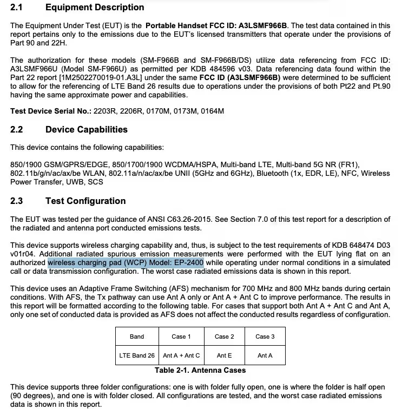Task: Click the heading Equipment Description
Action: (x=95, y=8)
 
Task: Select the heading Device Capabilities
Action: (x=87, y=130)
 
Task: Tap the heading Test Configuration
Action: (x=85, y=201)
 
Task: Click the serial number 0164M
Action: (x=213, y=111)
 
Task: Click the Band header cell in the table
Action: (x=137, y=337)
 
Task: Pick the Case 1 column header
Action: (x=181, y=337)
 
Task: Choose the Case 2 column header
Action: (x=225, y=337)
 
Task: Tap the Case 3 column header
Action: (x=265, y=337)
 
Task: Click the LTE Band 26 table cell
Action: (x=137, y=355)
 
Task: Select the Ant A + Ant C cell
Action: (x=181, y=355)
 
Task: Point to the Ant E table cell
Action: (x=225, y=355)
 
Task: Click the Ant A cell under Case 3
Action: (x=265, y=355)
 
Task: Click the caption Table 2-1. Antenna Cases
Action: (x=200, y=371)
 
